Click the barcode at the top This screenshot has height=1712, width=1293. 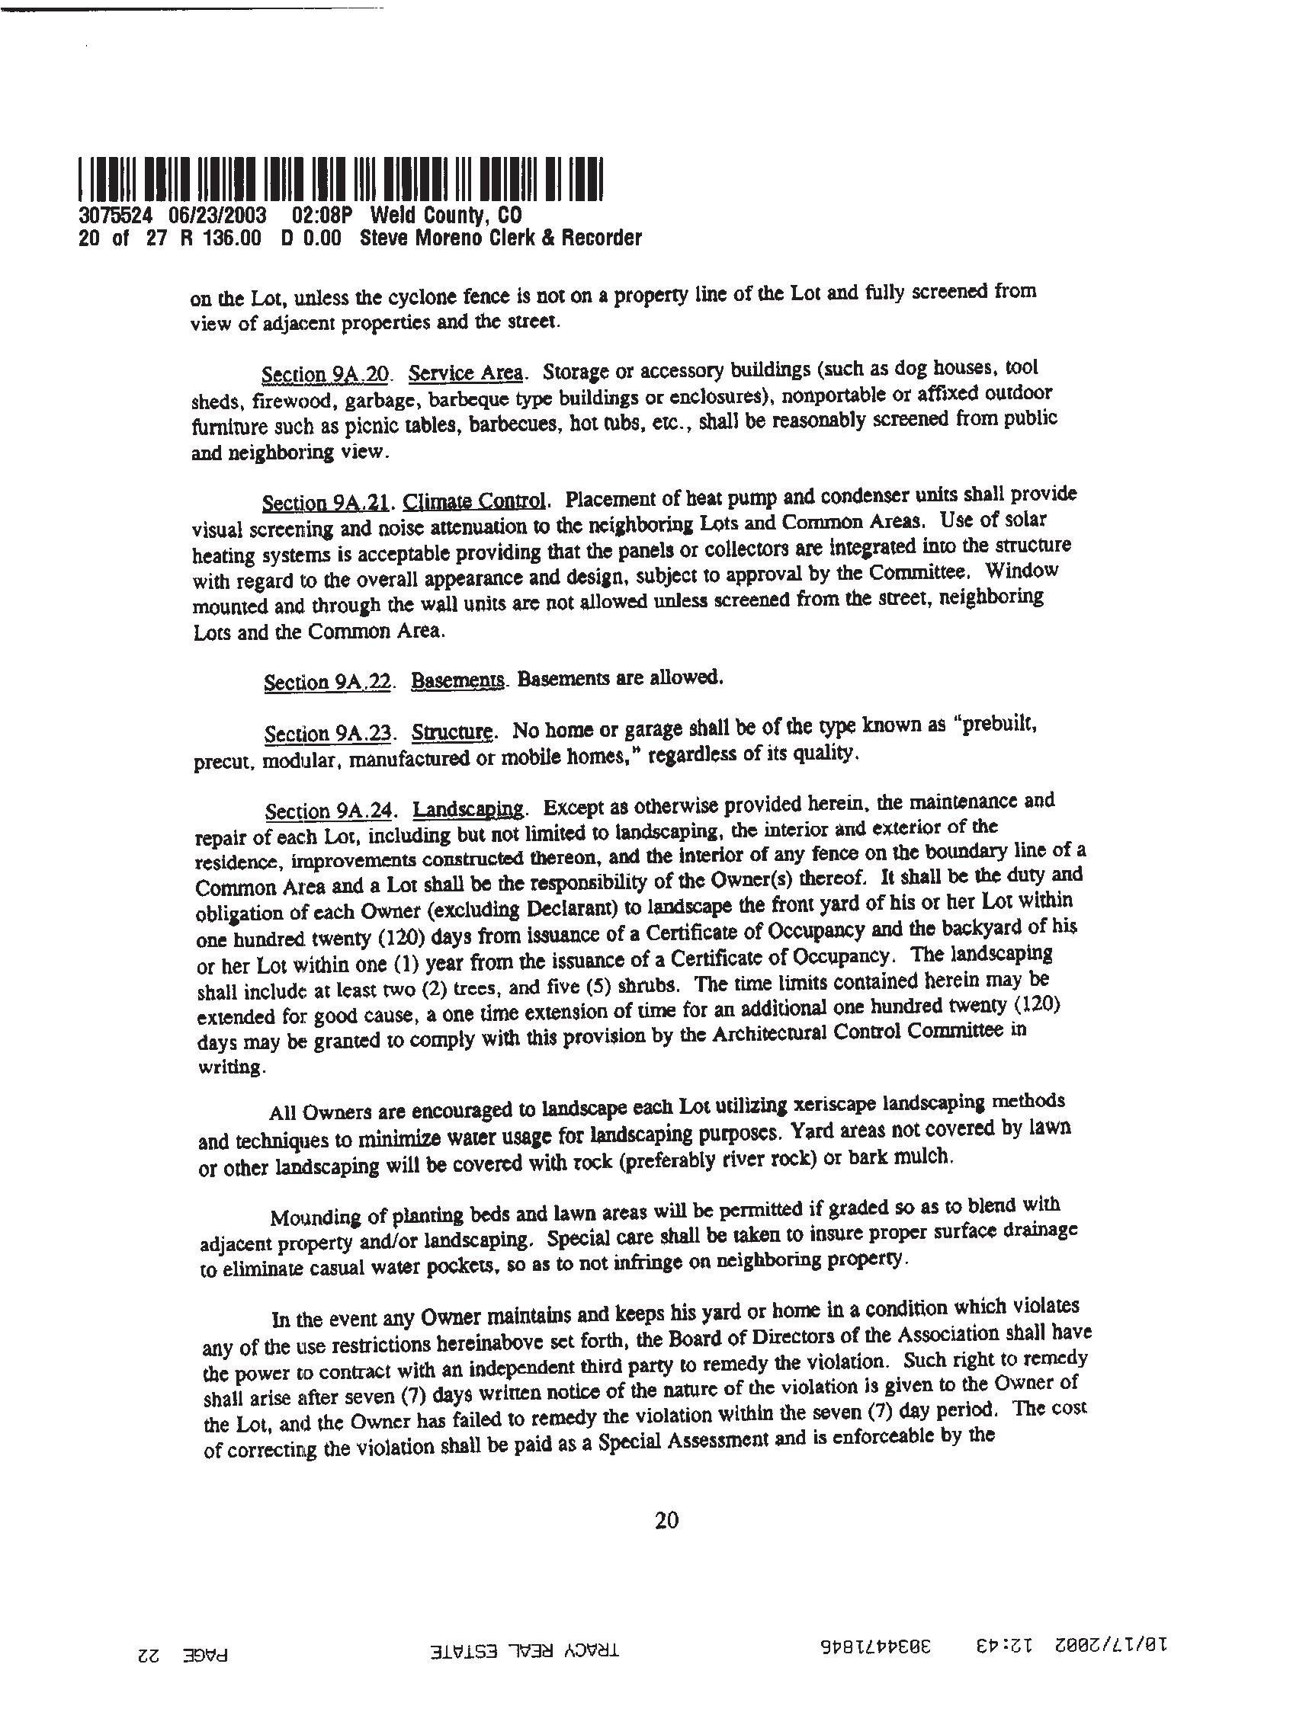[x=341, y=179]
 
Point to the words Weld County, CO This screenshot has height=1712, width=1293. [x=446, y=215]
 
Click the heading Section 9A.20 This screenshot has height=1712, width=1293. [x=326, y=375]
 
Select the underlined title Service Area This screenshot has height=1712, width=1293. [x=466, y=373]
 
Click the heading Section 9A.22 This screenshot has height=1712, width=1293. [x=326, y=682]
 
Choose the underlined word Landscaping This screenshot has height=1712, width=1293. [x=468, y=810]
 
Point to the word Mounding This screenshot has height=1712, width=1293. [x=314, y=1217]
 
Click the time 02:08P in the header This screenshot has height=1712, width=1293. [x=322, y=215]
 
